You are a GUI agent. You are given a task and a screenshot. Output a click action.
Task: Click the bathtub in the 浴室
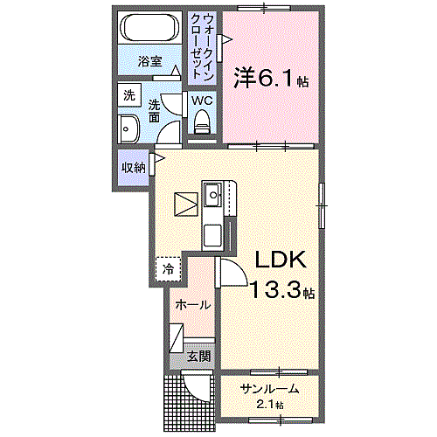point(150,28)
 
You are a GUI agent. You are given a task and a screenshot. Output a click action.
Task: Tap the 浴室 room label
point(149,61)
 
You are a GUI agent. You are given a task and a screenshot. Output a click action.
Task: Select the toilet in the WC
point(202,121)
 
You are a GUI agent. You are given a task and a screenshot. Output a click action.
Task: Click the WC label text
point(202,101)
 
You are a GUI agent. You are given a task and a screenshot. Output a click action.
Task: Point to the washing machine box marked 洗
point(129,95)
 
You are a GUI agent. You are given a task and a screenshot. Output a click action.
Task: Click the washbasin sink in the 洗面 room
point(128,128)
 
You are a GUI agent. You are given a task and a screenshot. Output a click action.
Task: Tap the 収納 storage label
point(134,168)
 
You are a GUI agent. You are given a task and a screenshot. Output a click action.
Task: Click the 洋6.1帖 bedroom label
point(271,78)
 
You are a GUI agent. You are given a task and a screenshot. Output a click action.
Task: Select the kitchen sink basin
point(212,194)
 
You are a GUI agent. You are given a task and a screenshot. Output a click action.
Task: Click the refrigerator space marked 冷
point(168,269)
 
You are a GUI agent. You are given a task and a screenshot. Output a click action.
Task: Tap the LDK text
point(281,260)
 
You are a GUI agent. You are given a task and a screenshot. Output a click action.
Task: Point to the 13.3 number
point(275,290)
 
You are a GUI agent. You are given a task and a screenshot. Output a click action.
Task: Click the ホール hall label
point(193,305)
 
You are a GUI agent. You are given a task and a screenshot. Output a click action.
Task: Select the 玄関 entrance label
point(199,356)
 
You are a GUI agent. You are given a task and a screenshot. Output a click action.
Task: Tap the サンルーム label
point(269,389)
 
